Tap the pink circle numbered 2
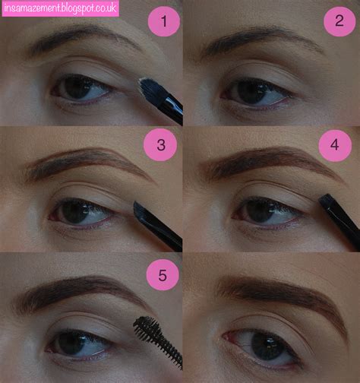click(x=339, y=21)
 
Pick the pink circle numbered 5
click(x=159, y=275)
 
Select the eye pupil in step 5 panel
click(x=74, y=340)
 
